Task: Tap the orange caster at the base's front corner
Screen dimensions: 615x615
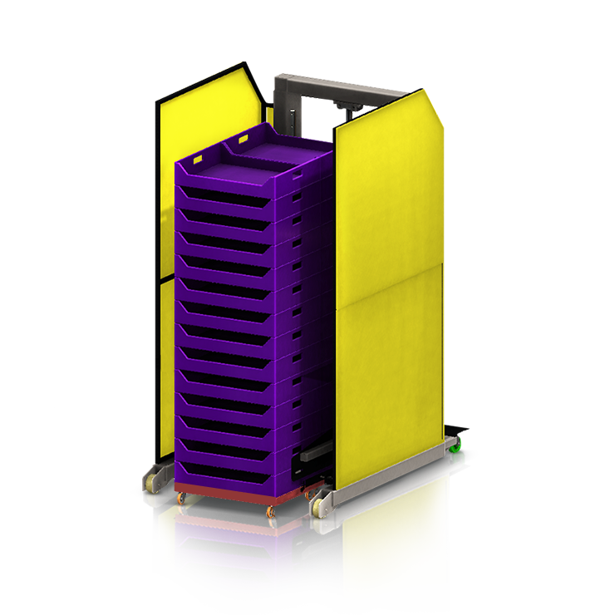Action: (x=271, y=517)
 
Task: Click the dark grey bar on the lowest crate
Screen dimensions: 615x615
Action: (x=317, y=455)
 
